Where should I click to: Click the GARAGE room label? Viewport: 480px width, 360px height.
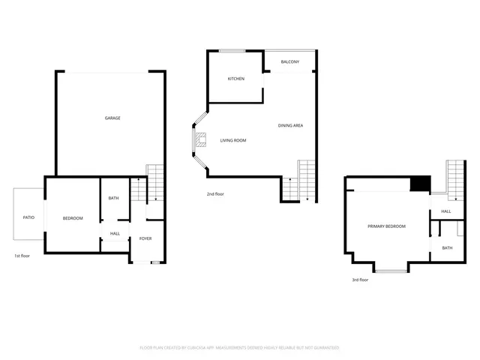click(112, 118)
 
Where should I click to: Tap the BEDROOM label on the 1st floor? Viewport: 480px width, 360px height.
click(73, 218)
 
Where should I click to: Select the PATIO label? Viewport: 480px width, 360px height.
click(28, 217)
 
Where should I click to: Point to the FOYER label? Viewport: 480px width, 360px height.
click(145, 238)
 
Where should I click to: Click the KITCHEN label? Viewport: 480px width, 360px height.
click(236, 79)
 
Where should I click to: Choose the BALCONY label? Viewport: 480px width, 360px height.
click(290, 61)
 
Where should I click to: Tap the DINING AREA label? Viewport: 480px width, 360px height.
click(290, 125)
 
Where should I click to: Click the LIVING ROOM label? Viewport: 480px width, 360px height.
click(233, 140)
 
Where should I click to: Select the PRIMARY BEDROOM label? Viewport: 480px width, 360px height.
click(386, 226)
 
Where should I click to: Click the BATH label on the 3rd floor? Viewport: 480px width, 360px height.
click(447, 247)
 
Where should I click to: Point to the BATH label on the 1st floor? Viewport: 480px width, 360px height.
click(113, 198)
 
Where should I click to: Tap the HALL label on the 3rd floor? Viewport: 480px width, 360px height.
click(446, 211)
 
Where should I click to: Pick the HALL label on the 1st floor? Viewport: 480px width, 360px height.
click(115, 233)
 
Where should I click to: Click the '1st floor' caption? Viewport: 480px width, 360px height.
click(22, 256)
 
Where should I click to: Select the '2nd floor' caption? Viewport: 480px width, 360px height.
click(215, 194)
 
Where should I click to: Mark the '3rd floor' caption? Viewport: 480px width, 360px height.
click(360, 280)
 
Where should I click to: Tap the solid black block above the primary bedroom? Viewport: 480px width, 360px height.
click(420, 184)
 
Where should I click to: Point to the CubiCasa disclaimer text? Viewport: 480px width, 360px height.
click(240, 347)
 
